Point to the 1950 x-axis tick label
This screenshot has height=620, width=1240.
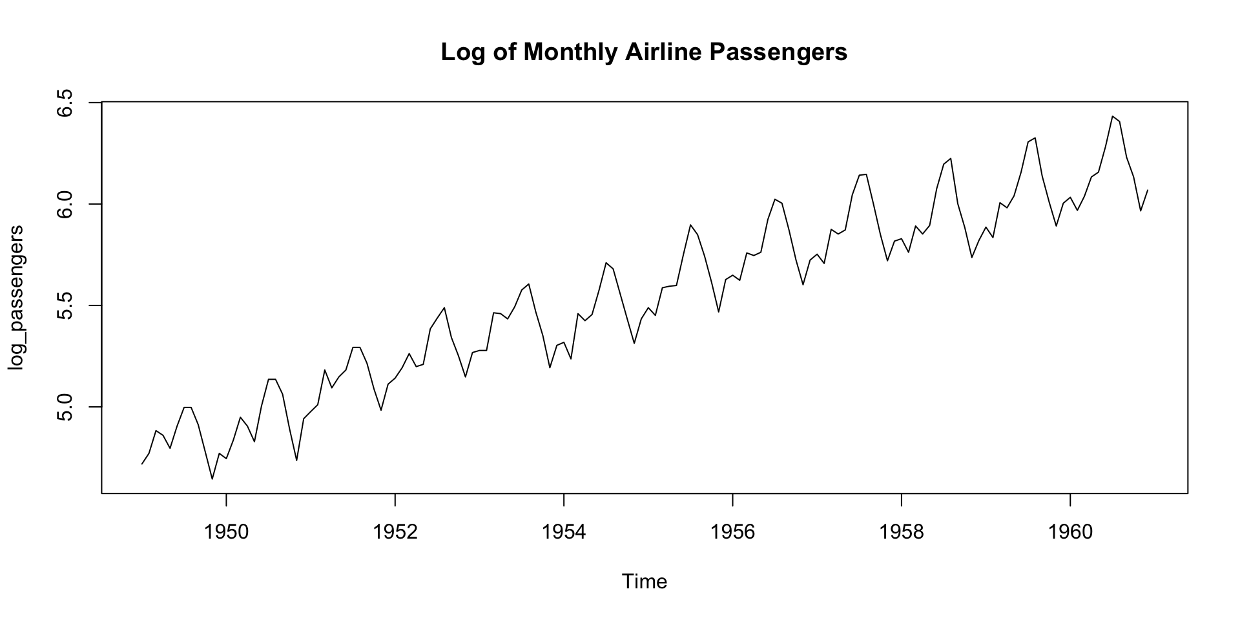coord(226,532)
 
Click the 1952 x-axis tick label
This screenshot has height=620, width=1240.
coord(395,532)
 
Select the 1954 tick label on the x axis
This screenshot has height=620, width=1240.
coord(564,532)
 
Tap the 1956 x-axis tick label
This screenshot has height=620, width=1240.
coord(732,532)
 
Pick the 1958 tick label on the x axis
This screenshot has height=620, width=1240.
coord(902,532)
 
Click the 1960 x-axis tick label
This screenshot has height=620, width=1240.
coord(1070,532)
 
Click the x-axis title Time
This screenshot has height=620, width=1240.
coord(644,582)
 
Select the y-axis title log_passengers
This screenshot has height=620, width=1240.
coord(15,298)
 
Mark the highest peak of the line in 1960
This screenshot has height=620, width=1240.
coord(1112,116)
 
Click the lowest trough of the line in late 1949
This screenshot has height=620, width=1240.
coord(212,479)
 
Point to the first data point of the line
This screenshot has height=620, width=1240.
coord(142,464)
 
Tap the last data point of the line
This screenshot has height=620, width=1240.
coord(1148,190)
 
